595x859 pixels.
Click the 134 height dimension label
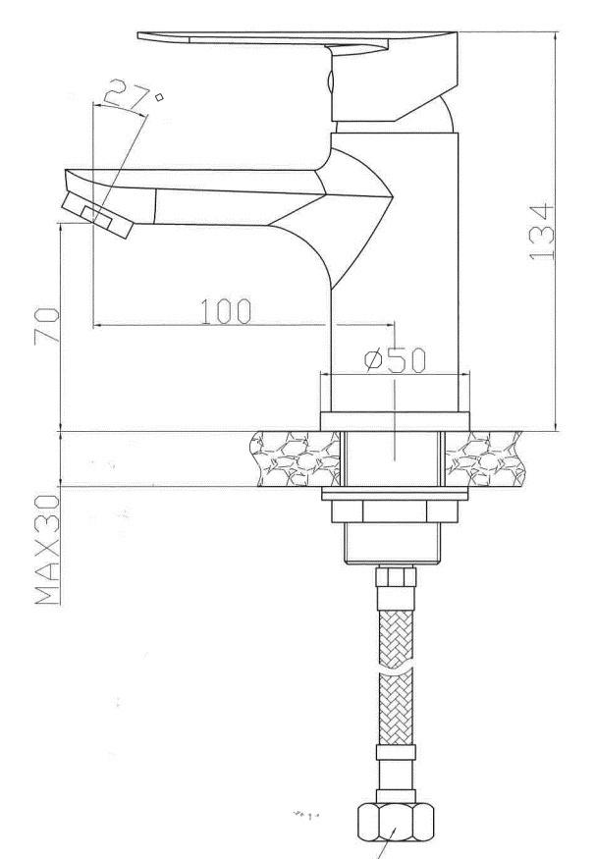point(542,232)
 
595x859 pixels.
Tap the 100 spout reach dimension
point(225,311)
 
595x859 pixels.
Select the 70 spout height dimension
point(46,326)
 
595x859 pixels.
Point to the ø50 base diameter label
point(395,360)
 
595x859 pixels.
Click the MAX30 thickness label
point(48,550)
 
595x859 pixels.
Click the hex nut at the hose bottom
point(396,822)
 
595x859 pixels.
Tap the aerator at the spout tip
point(97,214)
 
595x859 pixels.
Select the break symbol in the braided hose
point(396,670)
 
